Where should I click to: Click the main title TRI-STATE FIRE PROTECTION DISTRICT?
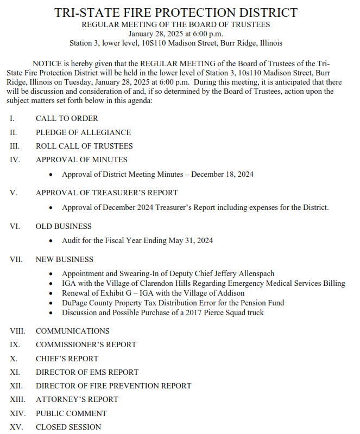coord(176,12)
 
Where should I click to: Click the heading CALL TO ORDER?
coord(67,118)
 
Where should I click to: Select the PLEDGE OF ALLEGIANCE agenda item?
coord(83,132)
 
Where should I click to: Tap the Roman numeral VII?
coord(16,260)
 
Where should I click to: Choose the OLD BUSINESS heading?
coord(64,226)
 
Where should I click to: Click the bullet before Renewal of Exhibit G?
coord(51,293)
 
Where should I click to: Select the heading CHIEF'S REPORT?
coord(67,359)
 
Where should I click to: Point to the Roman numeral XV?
coord(16,427)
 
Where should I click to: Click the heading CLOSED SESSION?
coord(68,427)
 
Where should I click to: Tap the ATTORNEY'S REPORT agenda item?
coord(77,399)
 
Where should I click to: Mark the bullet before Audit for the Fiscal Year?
coord(51,240)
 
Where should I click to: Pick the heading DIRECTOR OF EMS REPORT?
coord(87,372)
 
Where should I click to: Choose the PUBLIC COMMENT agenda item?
coord(71,413)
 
